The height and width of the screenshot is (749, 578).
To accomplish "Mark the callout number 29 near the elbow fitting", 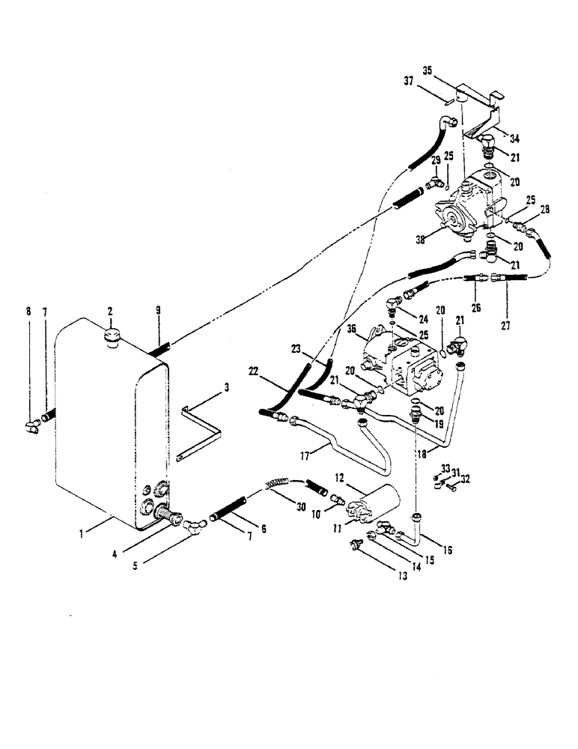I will [x=436, y=160].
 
